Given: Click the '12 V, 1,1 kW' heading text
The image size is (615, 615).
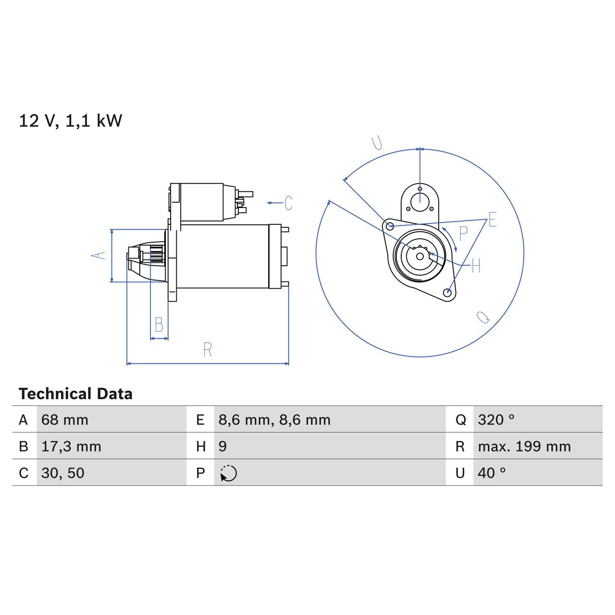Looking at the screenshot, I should pos(70,121).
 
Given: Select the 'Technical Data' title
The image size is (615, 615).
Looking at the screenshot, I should pos(75,394).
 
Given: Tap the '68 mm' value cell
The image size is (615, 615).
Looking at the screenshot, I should pos(65,420).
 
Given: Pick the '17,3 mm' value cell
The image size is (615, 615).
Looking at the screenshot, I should pos(71,447).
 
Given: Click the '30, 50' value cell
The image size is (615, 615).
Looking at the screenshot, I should pos(63,473).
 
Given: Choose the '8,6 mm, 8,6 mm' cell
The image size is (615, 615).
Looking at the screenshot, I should pos(274,420).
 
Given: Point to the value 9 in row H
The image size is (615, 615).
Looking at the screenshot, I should pos(222,447).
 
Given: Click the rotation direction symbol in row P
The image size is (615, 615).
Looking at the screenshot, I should pos(229,473).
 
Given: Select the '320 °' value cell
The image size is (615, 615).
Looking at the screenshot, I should pos(496,420).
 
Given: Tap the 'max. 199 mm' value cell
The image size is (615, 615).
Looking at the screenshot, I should pos(524,447).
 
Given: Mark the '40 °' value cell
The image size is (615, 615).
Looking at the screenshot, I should pos(492,473).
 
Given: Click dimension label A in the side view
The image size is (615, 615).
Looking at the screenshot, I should pos(98,255).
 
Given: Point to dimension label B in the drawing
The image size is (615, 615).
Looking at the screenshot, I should pos(159,325).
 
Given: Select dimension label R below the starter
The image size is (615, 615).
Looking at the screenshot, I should pos(208,350).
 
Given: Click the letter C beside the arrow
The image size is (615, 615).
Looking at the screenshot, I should pos(288,203).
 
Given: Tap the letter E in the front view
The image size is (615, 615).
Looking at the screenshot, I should pos(492,220).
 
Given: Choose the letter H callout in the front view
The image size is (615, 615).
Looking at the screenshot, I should pos(476,266).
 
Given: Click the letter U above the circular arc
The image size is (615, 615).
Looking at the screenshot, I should pos(377,143).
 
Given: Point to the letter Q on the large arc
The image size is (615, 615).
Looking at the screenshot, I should pos(483,317).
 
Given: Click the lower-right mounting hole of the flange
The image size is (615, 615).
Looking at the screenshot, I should pos(448,292).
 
